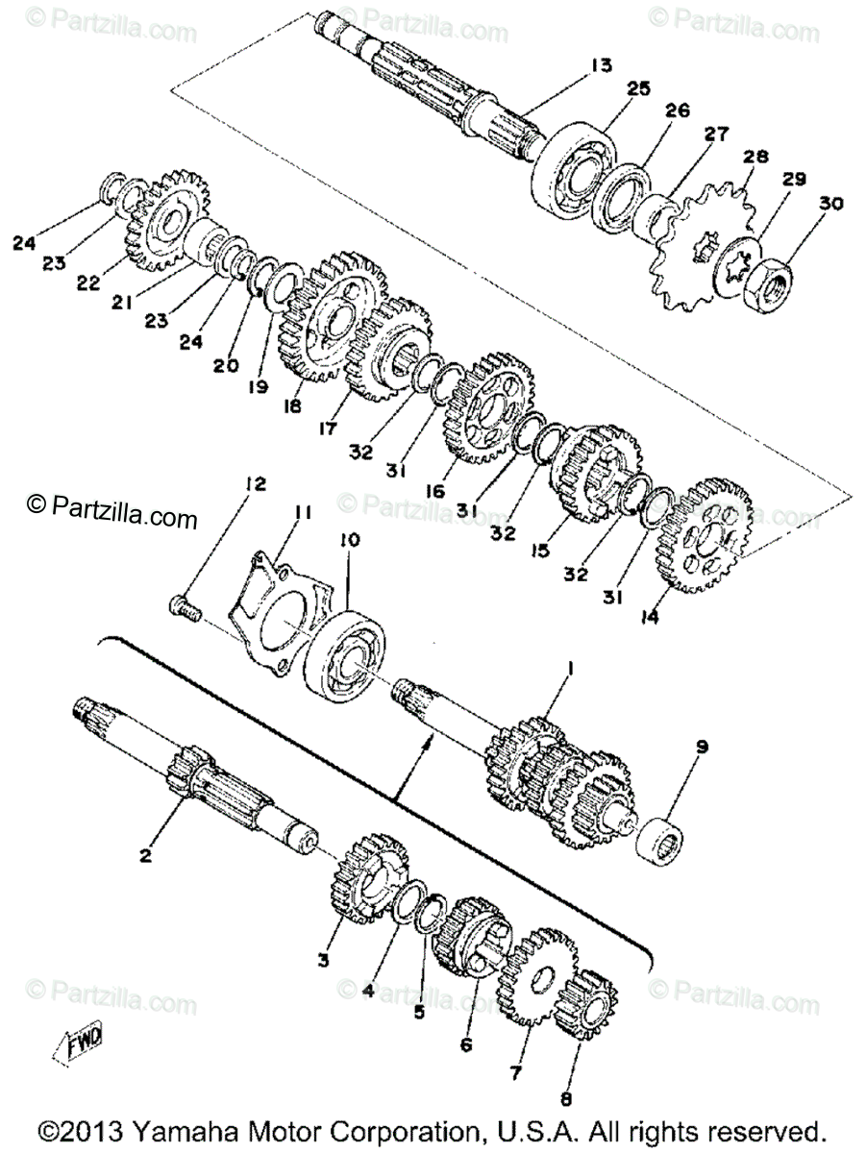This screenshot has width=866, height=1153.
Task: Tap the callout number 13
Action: tap(600, 65)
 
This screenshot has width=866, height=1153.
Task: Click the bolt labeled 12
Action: tap(184, 607)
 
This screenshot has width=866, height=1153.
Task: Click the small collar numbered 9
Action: tap(661, 839)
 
